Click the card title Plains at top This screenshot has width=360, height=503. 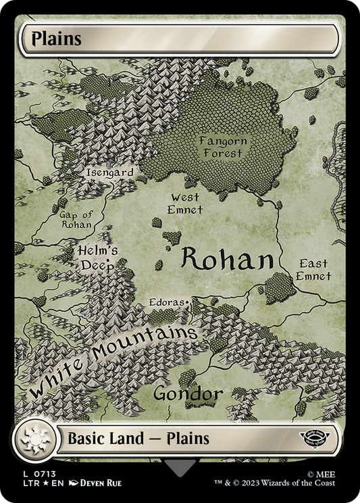pos(52,39)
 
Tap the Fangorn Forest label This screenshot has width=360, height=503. pos(223,147)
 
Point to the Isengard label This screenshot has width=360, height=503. pos(109,173)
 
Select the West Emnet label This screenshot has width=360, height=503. pos(185,203)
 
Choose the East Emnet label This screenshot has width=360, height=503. pos(314,270)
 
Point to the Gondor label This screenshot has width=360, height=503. pos(188,393)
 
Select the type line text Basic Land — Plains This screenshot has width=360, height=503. pos(138,438)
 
